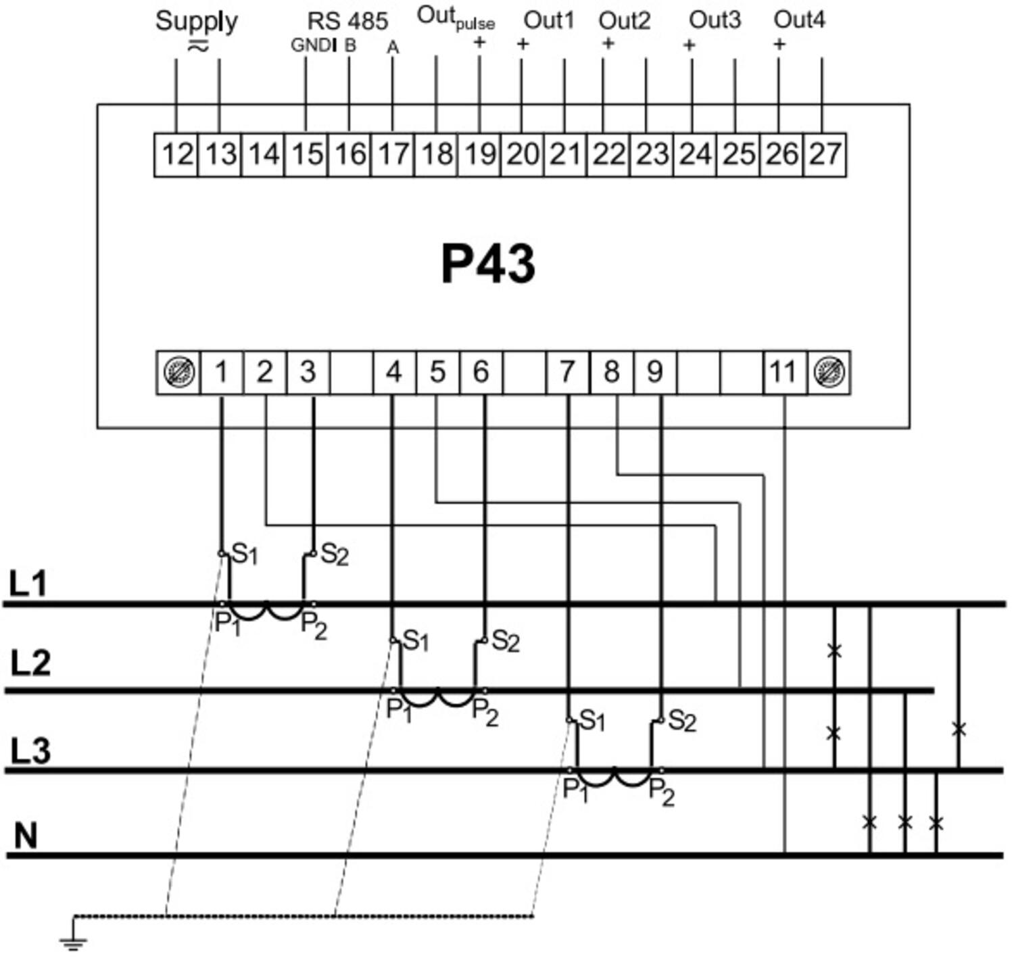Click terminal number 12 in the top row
coord(177,154)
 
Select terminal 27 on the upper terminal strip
coord(825,154)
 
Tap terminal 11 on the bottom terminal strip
coord(783,373)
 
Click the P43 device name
coord(488,264)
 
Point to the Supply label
coord(196,21)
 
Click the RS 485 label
coord(347,21)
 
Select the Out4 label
coord(799,20)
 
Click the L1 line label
coord(28,584)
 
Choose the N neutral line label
coord(26,836)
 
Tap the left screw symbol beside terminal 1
coord(178,373)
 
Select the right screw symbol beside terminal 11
coord(829,373)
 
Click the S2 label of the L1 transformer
coord(334,554)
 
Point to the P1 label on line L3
coord(575,789)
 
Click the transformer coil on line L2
coord(438,697)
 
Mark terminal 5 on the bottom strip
coord(437,373)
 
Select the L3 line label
coord(30,751)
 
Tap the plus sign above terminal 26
coord(779,45)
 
